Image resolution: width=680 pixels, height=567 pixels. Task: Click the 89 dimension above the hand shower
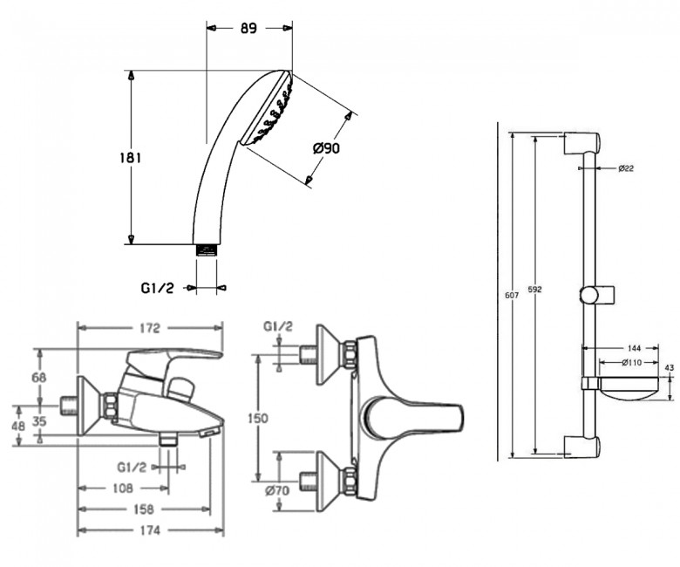tap(248, 28)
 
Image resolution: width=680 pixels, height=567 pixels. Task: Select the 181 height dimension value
tap(131, 158)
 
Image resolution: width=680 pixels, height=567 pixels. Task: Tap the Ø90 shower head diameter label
tap(326, 148)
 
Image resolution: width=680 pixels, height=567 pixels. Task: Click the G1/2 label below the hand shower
tap(158, 288)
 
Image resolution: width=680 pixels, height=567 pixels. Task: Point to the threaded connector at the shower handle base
tap(207, 250)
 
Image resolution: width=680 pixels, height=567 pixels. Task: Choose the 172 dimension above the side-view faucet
tap(150, 328)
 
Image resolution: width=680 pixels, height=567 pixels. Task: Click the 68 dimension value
tap(39, 378)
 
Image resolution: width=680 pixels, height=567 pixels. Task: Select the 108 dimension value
tap(123, 488)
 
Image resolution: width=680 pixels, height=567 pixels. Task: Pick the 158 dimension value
tap(144, 509)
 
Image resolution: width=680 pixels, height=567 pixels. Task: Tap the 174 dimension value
tap(150, 530)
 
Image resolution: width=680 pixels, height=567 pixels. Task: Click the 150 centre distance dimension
tap(257, 418)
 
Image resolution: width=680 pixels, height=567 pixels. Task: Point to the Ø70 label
tap(277, 490)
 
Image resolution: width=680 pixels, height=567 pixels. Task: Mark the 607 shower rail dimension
tap(512, 296)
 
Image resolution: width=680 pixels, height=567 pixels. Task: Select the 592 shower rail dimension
tap(535, 290)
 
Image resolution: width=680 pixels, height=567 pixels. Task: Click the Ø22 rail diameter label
tap(626, 168)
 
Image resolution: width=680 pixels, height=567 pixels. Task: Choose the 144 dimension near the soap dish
tap(635, 348)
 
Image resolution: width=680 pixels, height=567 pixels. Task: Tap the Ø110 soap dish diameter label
tap(632, 363)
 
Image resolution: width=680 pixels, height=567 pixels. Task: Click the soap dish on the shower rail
tap(628, 390)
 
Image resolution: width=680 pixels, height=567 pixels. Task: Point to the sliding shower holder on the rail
tap(596, 295)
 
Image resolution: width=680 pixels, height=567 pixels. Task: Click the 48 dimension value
tap(18, 426)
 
